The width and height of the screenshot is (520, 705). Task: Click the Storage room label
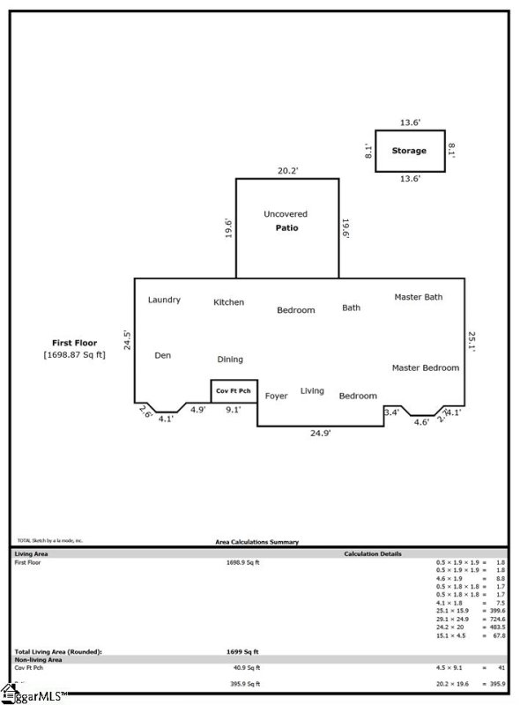click(409, 151)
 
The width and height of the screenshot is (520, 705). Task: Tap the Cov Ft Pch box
click(234, 391)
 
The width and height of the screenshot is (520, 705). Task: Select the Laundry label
click(164, 300)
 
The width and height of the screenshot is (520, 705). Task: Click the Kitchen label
click(229, 302)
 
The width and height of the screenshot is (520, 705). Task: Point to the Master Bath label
click(418, 297)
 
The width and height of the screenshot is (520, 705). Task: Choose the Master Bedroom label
click(425, 367)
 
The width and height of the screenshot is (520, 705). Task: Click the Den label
click(162, 355)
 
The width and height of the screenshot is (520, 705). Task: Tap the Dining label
click(230, 360)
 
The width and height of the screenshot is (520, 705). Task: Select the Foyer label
click(276, 397)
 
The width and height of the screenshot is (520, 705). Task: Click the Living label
click(312, 390)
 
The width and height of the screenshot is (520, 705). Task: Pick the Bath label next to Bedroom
click(351, 308)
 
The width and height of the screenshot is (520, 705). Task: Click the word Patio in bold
click(286, 228)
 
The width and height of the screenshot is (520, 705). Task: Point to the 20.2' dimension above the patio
click(286, 171)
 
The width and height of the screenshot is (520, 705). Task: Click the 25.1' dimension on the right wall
click(472, 339)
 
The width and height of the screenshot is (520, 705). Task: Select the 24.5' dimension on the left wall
click(127, 340)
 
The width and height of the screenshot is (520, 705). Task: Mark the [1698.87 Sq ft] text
click(74, 355)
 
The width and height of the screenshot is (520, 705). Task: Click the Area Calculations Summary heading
click(257, 543)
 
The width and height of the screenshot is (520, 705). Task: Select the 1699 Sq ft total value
click(242, 651)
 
